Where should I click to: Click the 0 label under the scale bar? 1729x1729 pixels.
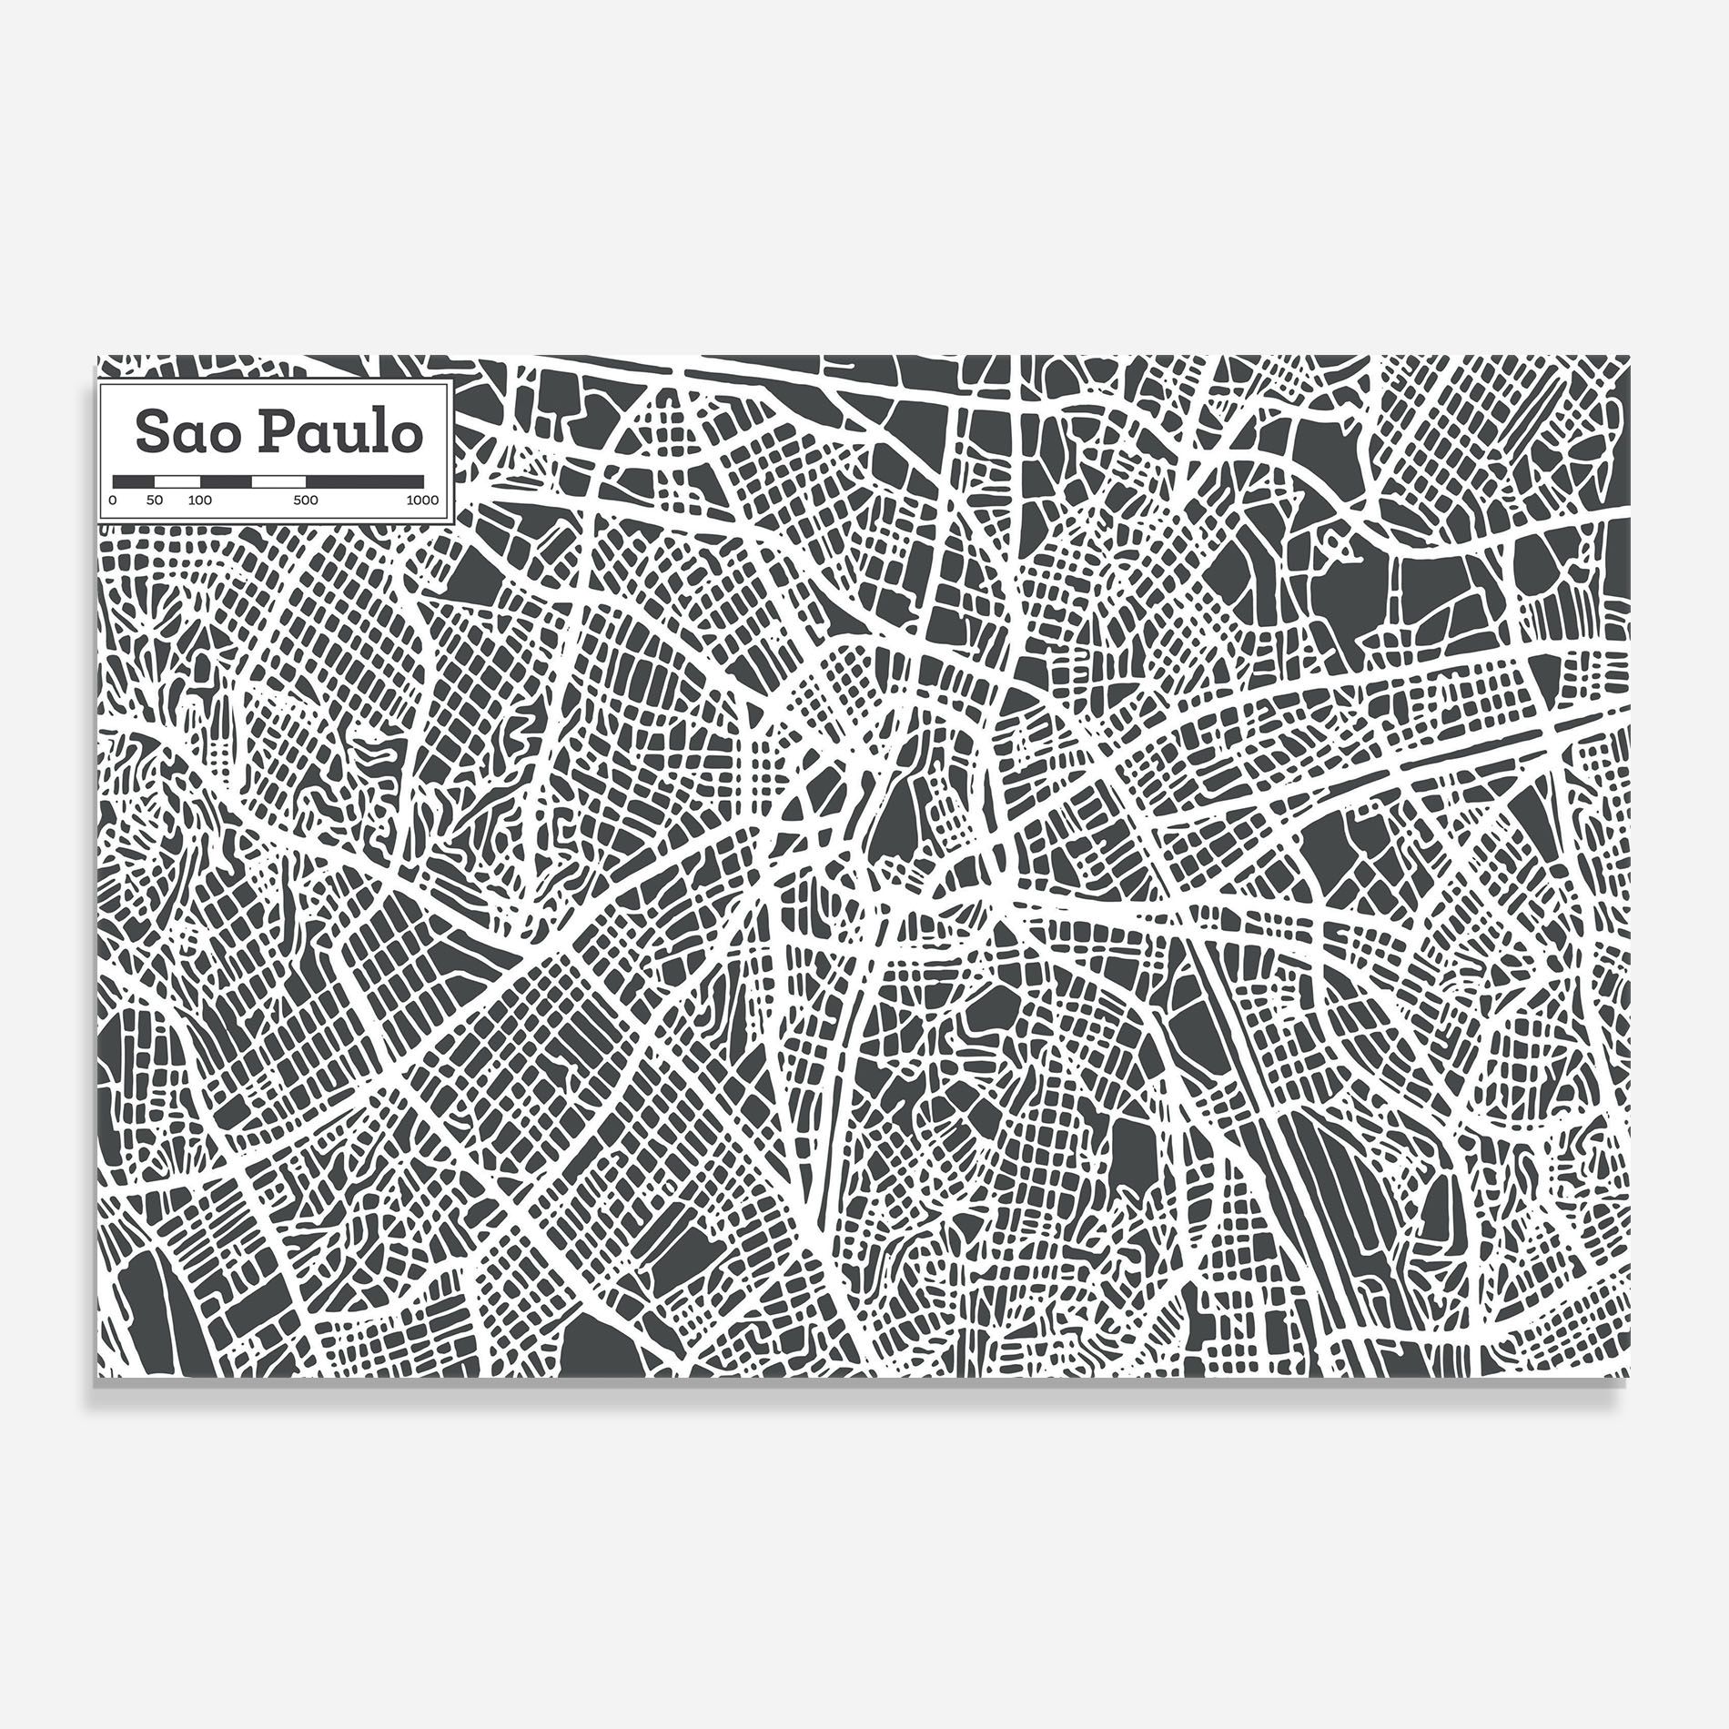(113, 500)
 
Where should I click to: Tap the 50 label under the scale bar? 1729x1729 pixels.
(155, 500)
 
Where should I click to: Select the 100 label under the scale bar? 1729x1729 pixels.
(200, 500)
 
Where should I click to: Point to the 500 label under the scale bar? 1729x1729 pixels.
(306, 500)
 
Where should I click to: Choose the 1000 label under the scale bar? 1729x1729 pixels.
(422, 500)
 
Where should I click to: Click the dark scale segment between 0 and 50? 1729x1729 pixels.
(134, 481)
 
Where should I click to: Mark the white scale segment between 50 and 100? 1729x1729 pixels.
(177, 481)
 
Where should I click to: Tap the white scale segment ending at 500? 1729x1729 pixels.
(278, 481)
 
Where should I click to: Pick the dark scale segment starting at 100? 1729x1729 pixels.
(226, 481)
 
